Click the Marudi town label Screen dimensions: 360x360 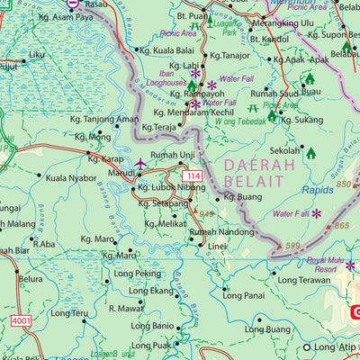(121, 172)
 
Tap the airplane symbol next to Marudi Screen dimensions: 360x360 (141, 164)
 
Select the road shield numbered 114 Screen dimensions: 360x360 (193, 174)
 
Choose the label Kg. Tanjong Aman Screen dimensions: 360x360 (104, 119)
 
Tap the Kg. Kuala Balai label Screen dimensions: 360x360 (165, 51)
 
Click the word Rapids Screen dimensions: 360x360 (316, 190)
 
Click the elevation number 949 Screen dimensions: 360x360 (206, 214)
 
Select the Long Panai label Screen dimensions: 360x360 (243, 294)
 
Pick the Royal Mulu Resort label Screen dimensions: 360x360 (325, 264)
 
